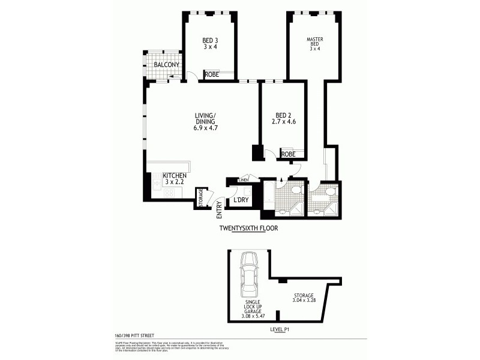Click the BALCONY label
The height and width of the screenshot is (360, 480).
(164, 65)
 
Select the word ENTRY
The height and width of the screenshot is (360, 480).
(220, 208)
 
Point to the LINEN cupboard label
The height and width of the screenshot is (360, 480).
(243, 179)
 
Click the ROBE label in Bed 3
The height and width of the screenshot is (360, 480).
(212, 75)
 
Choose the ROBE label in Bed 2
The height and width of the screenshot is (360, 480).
(288, 154)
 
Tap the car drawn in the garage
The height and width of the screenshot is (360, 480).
(250, 280)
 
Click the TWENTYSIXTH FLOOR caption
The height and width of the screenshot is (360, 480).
(248, 228)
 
